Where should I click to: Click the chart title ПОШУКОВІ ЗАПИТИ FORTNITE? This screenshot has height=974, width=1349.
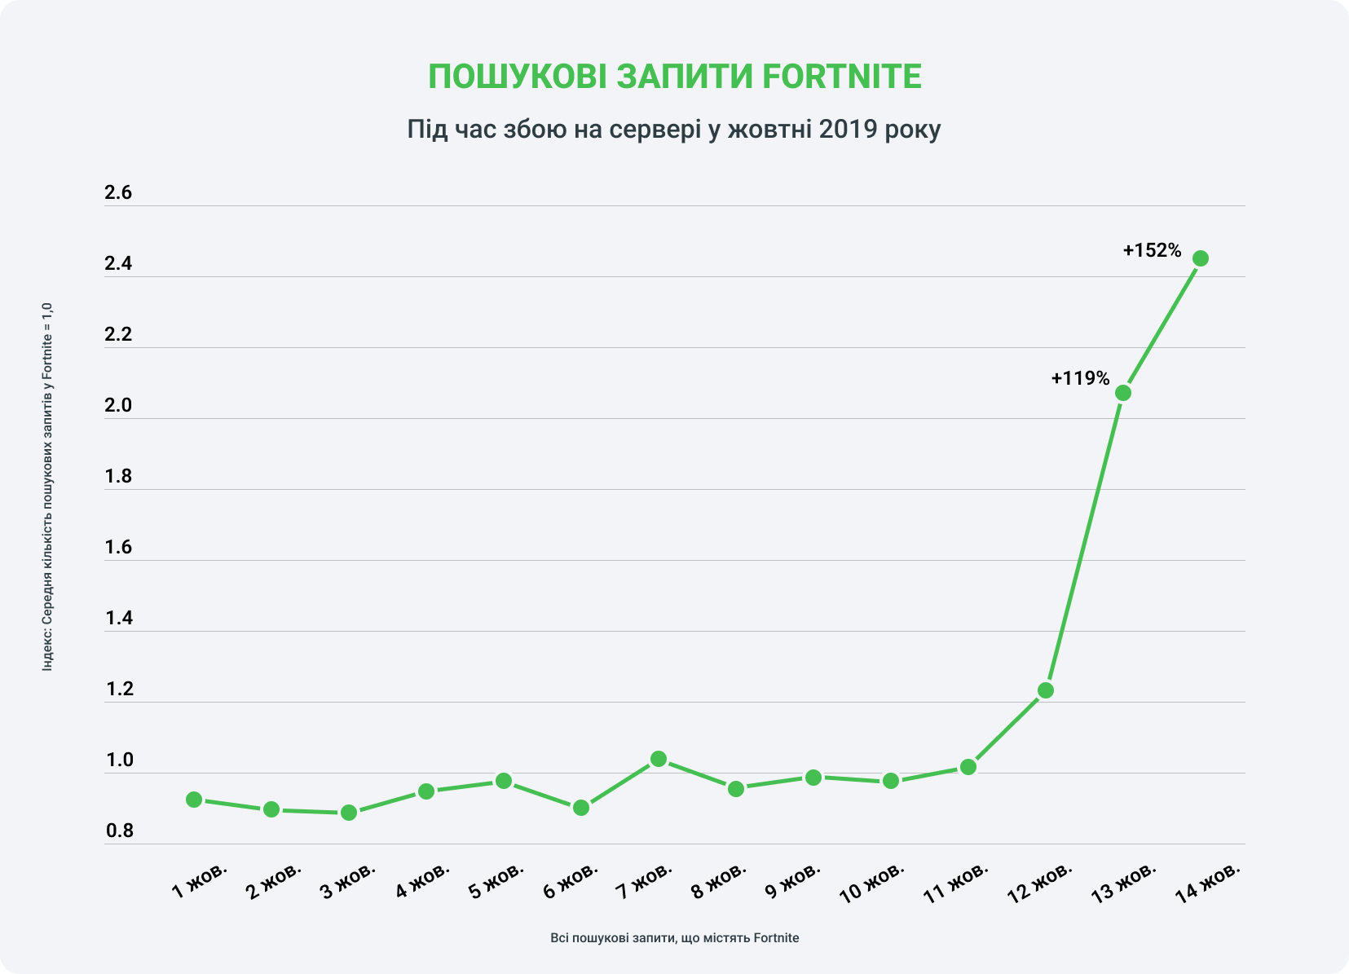tap(674, 77)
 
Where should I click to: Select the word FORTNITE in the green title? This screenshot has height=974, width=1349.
tap(841, 77)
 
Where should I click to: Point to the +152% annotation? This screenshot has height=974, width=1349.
tap(1152, 251)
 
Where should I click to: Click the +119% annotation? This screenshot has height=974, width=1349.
tap(1080, 378)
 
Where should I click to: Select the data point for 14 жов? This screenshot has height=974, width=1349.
tap(1200, 258)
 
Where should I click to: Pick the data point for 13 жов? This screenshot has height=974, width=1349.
tap(1122, 393)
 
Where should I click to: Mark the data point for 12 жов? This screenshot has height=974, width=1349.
tap(1045, 690)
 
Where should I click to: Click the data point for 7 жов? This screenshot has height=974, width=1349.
tap(659, 759)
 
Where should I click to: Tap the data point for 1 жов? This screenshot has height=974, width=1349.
tap(194, 800)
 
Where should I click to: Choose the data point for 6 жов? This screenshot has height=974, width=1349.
tap(581, 808)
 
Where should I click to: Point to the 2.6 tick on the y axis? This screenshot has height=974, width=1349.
tap(118, 193)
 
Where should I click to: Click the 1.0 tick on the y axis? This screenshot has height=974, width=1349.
tap(118, 760)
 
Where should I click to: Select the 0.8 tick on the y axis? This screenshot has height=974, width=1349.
tap(118, 831)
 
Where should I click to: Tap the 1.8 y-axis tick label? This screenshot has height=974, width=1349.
tap(118, 477)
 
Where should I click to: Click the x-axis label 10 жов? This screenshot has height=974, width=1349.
tap(872, 882)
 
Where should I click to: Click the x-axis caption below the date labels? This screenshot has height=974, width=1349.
tap(674, 938)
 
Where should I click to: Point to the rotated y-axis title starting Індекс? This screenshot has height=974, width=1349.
tap(47, 487)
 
